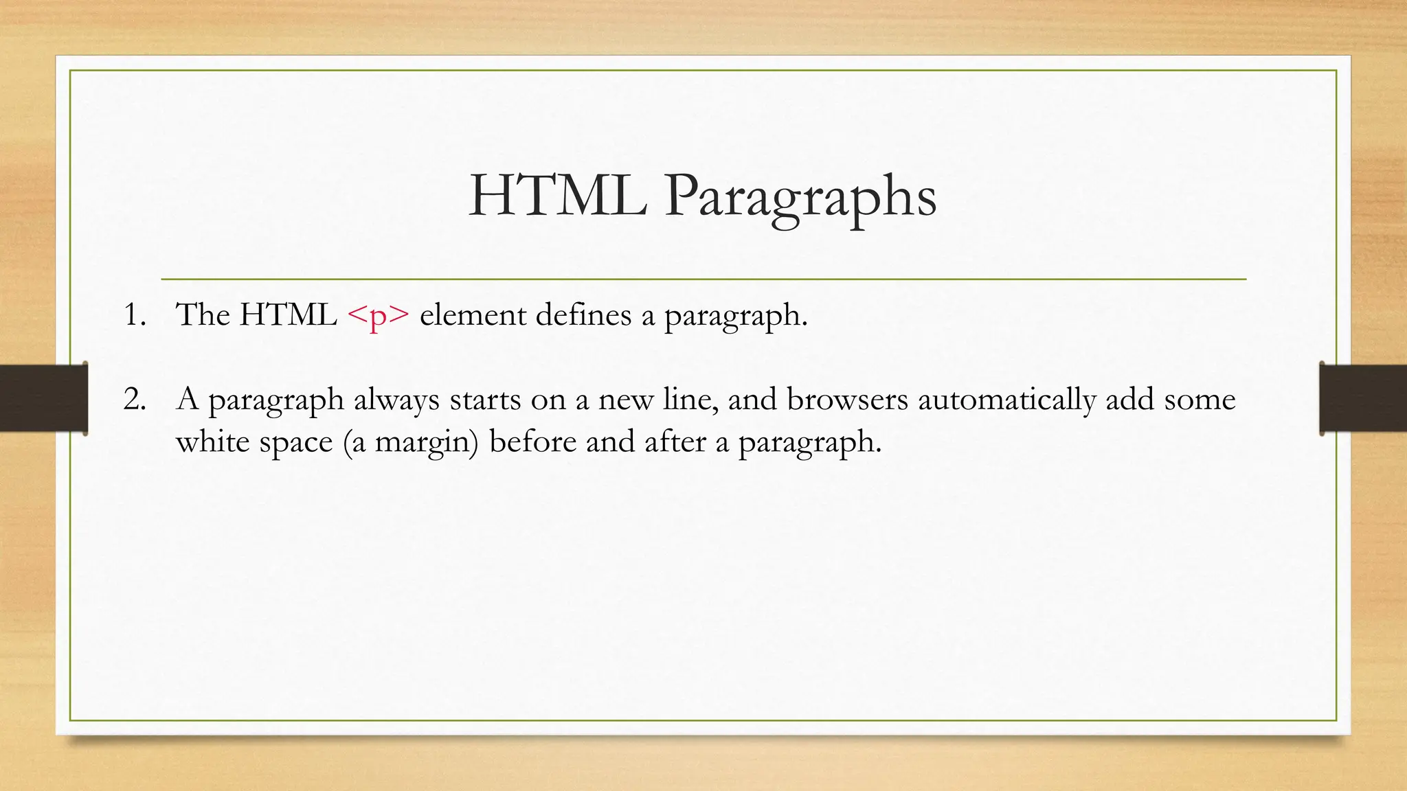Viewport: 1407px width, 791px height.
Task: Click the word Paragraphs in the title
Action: click(800, 197)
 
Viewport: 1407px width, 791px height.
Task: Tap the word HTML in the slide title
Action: click(557, 197)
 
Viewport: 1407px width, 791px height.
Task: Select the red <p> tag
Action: click(379, 315)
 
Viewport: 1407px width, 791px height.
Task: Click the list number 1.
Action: click(134, 315)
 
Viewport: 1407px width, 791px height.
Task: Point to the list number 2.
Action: click(135, 399)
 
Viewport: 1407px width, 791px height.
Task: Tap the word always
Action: click(396, 400)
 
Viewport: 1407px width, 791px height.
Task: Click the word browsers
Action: click(847, 400)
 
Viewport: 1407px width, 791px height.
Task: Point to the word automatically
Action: click(1006, 400)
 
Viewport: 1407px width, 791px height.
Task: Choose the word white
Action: click(212, 442)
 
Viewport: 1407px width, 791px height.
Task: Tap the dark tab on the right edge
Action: click(1363, 398)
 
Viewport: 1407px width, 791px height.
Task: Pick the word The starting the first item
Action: click(203, 315)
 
